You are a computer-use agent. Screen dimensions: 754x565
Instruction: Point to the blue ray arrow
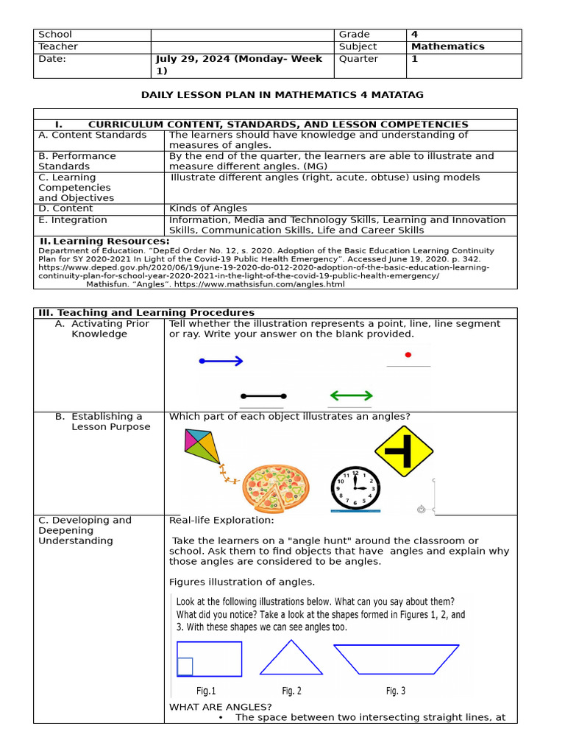[221, 361]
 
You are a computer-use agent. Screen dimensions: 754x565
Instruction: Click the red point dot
[408, 354]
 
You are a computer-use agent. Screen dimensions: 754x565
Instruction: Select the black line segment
[263, 396]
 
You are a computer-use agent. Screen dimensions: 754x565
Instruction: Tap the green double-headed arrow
[351, 395]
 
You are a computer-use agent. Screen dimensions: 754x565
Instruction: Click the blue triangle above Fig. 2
[291, 658]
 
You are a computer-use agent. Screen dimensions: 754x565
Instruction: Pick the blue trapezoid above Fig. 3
[396, 658]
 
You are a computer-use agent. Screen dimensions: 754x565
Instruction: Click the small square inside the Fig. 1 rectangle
[185, 666]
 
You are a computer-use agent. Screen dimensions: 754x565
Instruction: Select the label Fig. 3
[395, 691]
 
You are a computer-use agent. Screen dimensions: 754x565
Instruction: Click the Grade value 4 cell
[414, 35]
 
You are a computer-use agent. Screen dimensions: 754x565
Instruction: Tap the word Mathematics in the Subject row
[447, 46]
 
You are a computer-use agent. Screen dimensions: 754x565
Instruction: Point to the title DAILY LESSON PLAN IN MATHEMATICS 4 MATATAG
[282, 95]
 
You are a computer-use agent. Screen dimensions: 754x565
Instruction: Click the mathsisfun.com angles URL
[258, 284]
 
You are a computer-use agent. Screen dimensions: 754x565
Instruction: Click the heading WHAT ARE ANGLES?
[210, 707]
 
